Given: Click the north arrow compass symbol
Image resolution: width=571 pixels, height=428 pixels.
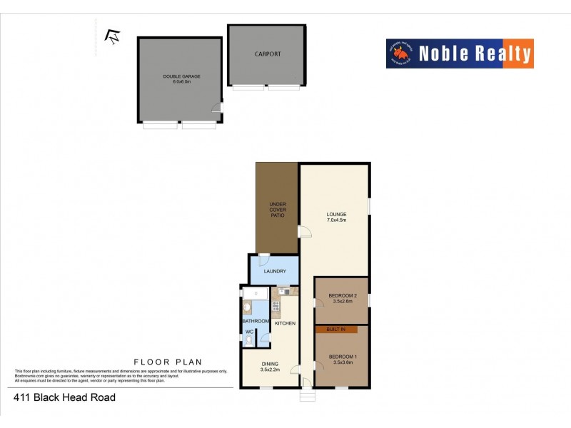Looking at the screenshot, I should pos(112,35).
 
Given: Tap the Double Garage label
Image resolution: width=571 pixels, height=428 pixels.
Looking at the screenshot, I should pos(177,79).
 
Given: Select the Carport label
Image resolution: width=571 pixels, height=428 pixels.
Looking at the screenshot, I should pos(268,54).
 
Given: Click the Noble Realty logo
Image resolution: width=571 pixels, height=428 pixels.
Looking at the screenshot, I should pos(460,53).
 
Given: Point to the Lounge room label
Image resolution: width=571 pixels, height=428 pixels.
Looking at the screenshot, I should pos(336,217).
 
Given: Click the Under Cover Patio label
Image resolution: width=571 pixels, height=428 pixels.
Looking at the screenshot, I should pos(277,210).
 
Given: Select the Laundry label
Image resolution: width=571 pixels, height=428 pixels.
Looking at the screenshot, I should pos(275,271).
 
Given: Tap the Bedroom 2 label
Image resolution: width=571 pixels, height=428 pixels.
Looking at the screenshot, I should pos(342,299).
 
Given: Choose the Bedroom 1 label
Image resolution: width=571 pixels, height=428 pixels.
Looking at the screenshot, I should pos(342,359).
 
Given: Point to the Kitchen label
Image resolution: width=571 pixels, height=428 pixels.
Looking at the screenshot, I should pos(285,323).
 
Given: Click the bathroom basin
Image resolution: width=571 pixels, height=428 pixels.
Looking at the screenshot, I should pos(247,307).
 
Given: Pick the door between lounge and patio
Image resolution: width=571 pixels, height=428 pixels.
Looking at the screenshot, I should pos(305,231).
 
